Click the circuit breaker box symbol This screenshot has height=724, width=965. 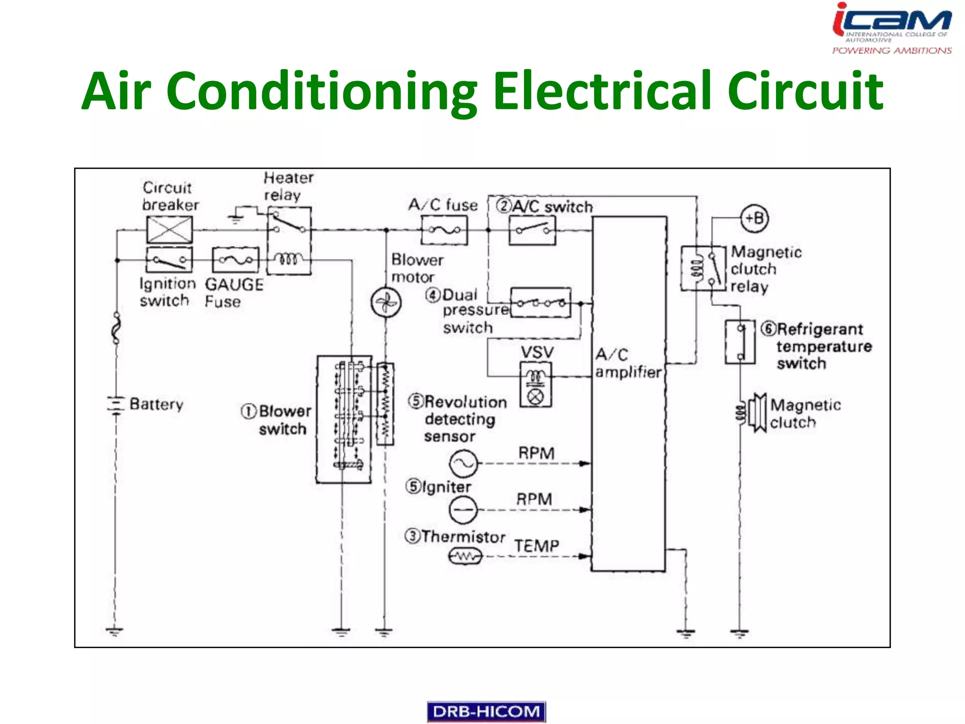[170, 230]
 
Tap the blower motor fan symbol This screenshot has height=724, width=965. [386, 303]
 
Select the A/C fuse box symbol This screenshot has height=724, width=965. [444, 230]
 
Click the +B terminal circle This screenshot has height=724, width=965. [754, 219]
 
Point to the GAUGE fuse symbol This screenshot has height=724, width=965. [236, 260]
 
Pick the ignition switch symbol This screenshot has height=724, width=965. [169, 260]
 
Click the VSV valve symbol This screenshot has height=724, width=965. [536, 385]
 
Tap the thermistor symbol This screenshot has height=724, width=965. [465, 557]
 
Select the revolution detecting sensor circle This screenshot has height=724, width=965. [463, 463]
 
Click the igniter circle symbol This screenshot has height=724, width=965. [463, 510]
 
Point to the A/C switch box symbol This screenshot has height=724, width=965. [532, 230]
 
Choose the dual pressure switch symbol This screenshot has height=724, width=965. [541, 303]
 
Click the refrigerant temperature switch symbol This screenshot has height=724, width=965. [740, 342]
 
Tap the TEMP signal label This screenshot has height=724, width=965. [537, 546]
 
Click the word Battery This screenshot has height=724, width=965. [156, 404]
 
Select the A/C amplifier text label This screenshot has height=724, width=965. [628, 363]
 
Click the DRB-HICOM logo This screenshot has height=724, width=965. [486, 711]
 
